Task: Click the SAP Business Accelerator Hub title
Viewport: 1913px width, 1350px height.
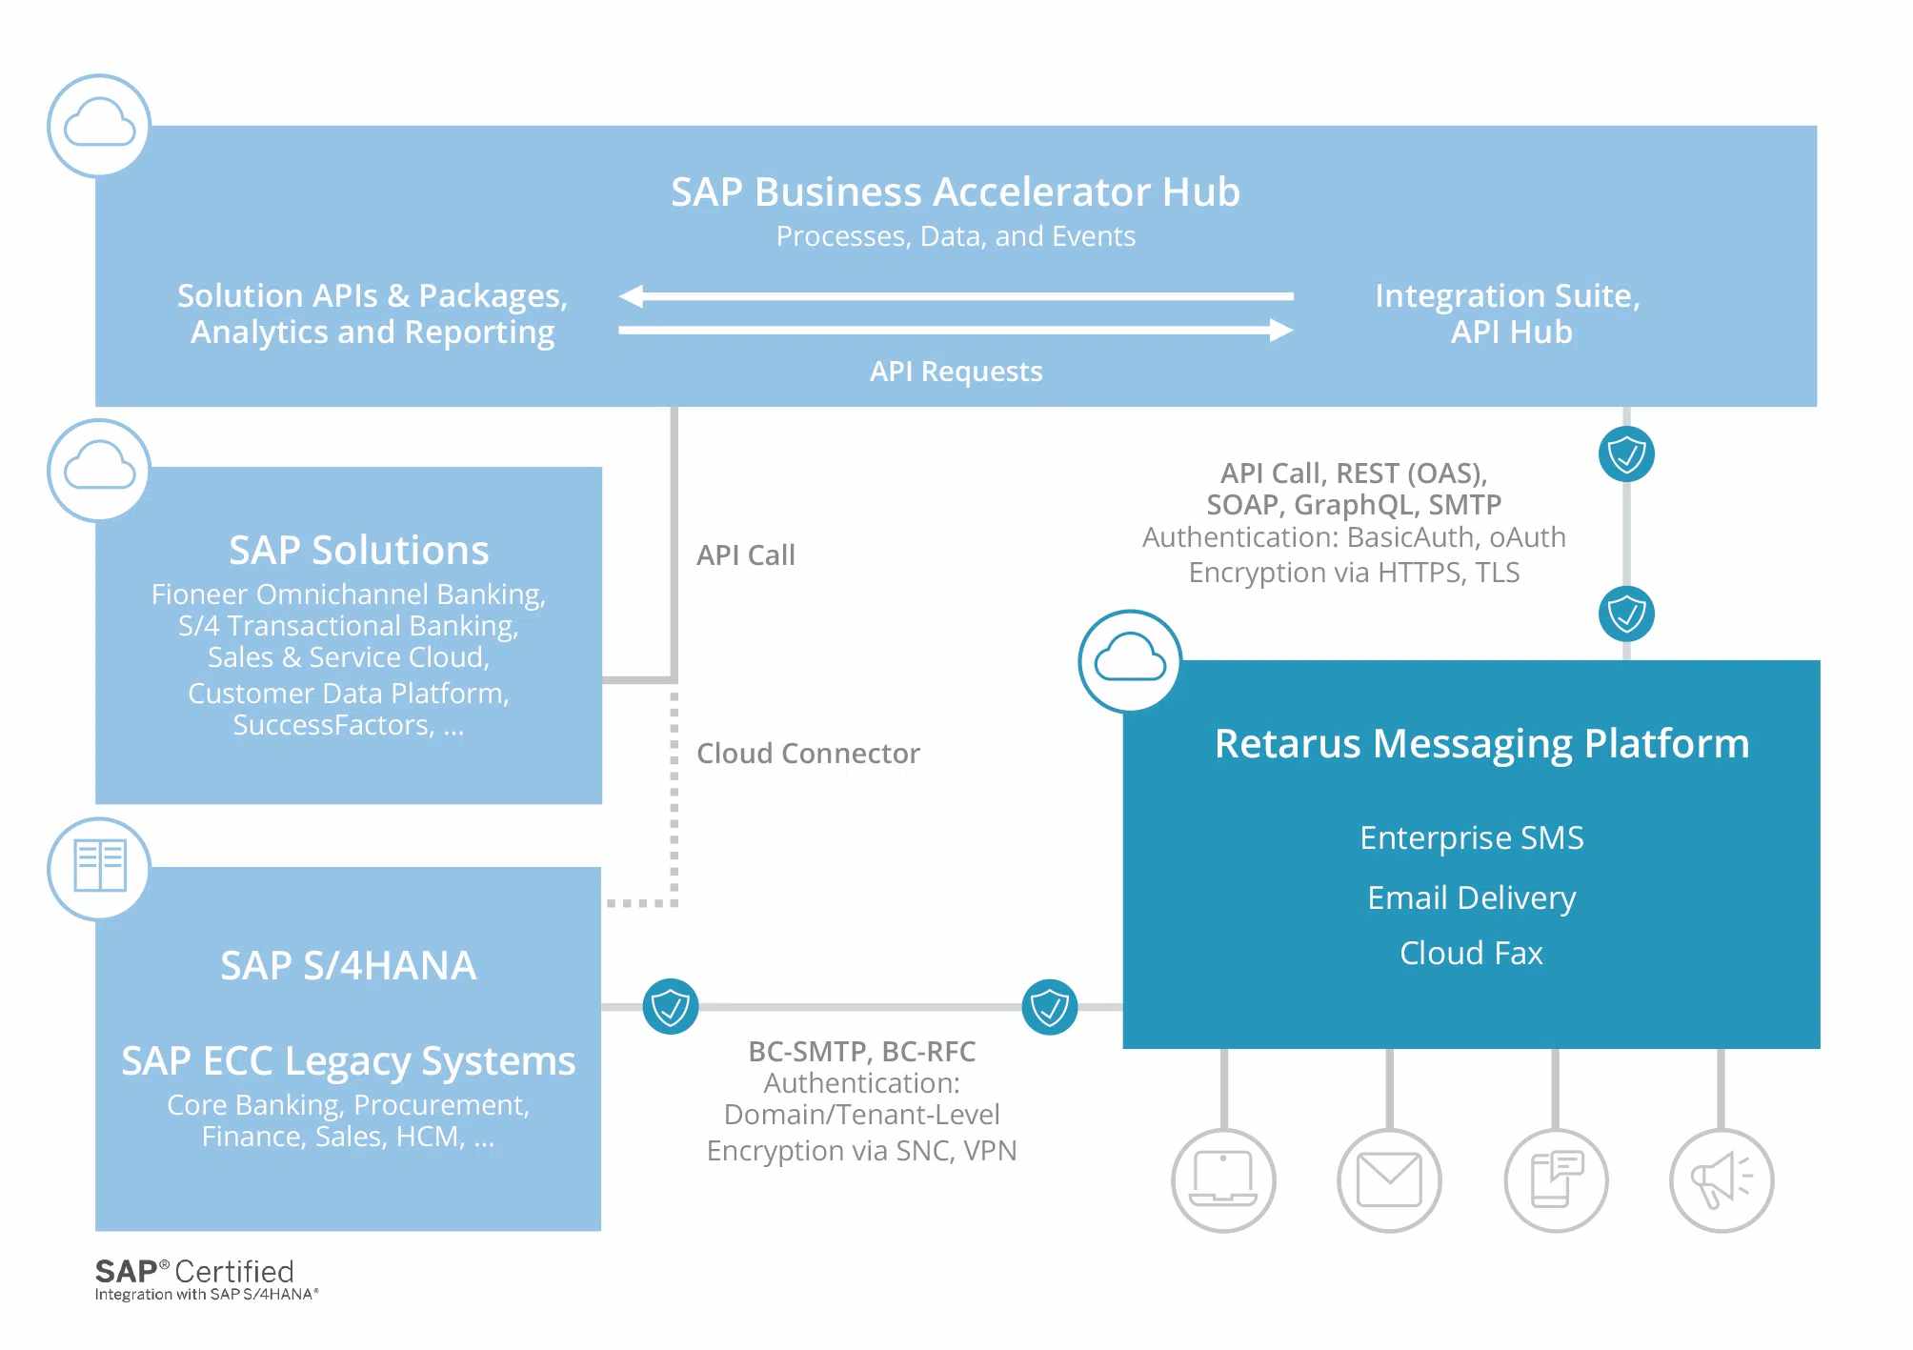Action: pos(956,191)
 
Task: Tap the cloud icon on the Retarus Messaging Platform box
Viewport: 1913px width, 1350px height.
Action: pos(1130,661)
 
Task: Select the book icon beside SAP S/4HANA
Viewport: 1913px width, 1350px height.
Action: pos(100,867)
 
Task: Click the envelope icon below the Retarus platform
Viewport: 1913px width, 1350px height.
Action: pos(1389,1179)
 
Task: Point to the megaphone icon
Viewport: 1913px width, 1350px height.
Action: pos(1722,1179)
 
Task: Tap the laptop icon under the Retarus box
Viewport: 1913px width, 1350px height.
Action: pos(1223,1179)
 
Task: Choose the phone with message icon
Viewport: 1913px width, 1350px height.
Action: pos(1556,1179)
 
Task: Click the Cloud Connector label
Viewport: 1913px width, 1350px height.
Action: pos(808,753)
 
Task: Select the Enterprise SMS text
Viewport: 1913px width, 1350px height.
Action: pos(1471,837)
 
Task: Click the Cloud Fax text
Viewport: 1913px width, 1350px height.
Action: pos(1471,953)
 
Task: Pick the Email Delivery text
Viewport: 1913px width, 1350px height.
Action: pos(1471,897)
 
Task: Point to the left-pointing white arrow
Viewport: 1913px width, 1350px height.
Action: pos(956,296)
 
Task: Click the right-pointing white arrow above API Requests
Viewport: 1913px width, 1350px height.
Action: pos(956,331)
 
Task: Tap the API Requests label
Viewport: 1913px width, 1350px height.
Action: pos(956,371)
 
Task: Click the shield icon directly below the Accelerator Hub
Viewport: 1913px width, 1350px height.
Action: pos(1626,453)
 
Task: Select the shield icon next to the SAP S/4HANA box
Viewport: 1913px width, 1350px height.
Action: pos(671,1006)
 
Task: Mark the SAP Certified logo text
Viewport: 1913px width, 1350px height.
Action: pos(206,1279)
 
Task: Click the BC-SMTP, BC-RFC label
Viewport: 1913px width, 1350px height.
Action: pos(861,1051)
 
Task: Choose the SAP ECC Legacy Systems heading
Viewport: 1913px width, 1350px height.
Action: pos(348,1061)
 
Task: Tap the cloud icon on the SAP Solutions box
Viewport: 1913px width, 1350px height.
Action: pos(100,470)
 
